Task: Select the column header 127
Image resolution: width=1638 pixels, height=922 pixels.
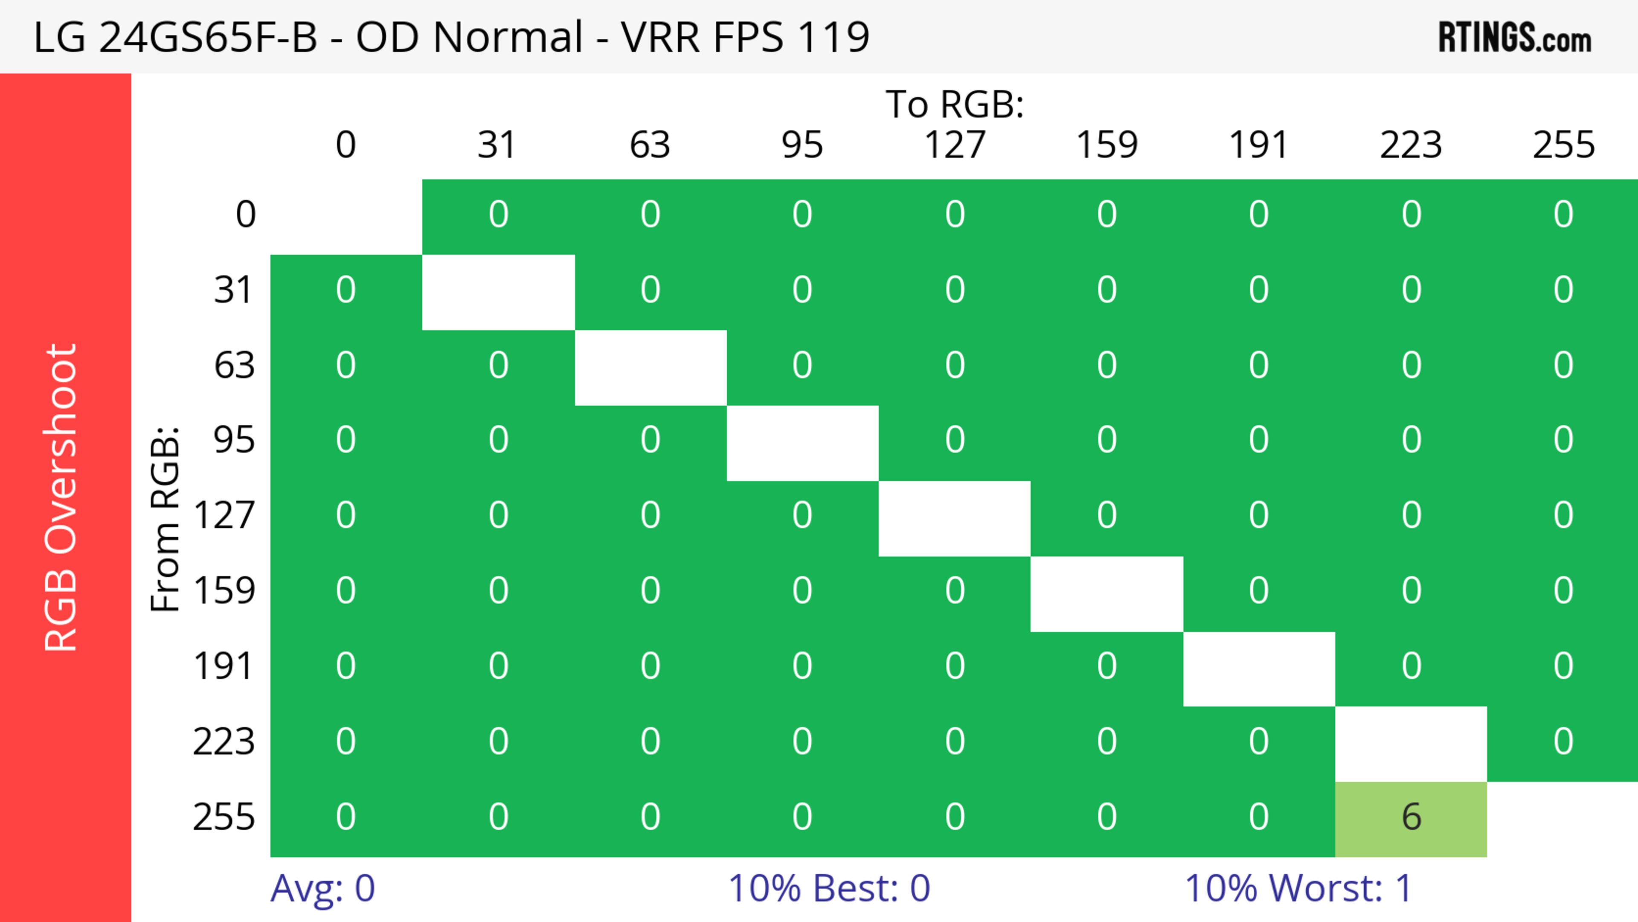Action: point(955,145)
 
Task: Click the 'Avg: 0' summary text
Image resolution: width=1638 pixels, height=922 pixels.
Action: point(322,888)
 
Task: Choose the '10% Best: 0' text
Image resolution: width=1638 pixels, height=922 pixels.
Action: point(828,888)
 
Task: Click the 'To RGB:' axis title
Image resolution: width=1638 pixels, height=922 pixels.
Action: point(955,104)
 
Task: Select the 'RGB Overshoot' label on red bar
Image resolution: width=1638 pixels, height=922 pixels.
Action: point(61,497)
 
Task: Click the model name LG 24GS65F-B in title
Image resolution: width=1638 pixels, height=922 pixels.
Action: point(175,37)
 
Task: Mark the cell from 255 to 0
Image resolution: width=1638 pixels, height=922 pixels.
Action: point(345,817)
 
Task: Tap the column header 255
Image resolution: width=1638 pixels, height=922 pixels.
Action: point(1563,145)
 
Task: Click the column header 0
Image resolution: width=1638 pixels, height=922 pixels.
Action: point(345,145)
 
